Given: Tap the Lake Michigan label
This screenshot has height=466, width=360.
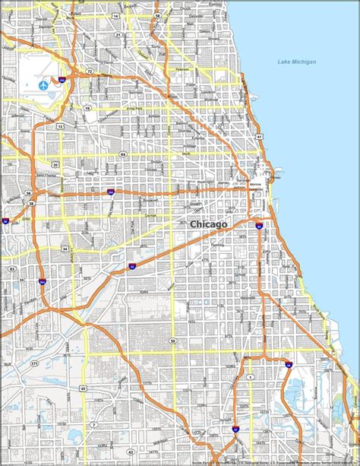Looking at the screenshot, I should click(298, 62).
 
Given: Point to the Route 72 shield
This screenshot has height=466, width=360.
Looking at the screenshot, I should click(90, 71).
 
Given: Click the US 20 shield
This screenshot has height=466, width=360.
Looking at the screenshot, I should click(55, 163).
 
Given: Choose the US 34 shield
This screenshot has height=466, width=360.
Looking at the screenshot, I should click(65, 249).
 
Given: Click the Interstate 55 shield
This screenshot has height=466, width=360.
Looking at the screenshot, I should click(132, 266).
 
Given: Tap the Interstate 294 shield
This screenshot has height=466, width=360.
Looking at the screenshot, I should click(42, 282).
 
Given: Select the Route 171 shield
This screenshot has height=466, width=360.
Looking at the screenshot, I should click(33, 364).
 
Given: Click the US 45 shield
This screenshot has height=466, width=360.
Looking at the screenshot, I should click(83, 388).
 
